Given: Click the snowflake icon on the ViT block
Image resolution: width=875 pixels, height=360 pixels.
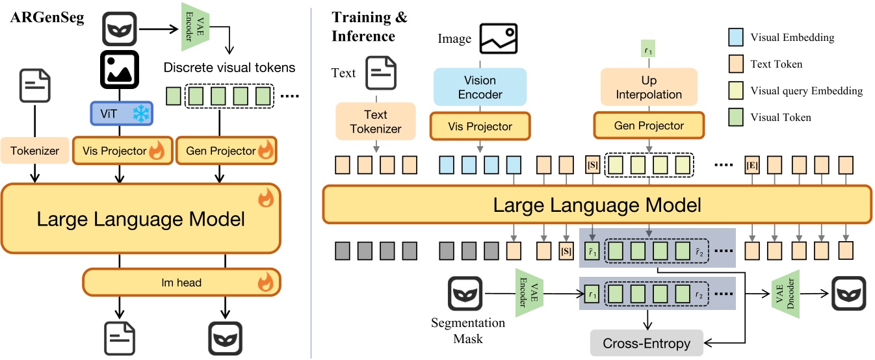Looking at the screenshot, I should coord(140,114).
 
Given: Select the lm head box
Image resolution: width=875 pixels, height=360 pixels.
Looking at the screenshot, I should coord(181,282).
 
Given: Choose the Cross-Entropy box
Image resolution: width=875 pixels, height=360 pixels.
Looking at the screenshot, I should coord(647,343).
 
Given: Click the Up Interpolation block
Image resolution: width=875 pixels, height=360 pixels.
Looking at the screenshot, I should coord(649,88).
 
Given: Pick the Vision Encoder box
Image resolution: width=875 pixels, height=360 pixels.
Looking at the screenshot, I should coord(480,88).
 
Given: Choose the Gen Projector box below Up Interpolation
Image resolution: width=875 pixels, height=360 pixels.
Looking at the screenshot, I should coord(649,125).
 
